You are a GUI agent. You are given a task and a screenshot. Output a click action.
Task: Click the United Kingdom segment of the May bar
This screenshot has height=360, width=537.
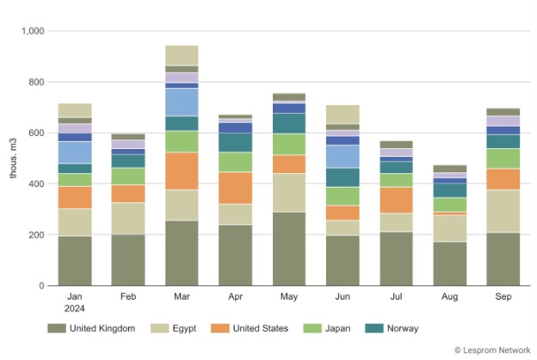click(289, 248)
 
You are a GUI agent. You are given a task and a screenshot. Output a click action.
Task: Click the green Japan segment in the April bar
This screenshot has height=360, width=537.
click(235, 162)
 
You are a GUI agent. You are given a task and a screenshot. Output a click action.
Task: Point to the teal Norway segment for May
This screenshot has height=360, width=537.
click(289, 123)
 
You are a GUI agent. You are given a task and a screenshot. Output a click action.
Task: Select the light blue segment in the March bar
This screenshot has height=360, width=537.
click(182, 102)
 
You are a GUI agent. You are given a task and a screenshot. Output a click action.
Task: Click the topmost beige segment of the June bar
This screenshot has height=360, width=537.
click(343, 114)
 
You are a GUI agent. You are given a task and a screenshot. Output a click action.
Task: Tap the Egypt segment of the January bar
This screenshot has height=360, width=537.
click(75, 222)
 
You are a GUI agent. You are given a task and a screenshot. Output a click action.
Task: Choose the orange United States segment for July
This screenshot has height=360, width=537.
click(396, 200)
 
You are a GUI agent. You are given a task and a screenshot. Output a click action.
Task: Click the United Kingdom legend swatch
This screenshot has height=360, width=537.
click(57, 328)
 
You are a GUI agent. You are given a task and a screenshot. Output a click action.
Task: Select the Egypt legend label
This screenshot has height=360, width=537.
click(189, 328)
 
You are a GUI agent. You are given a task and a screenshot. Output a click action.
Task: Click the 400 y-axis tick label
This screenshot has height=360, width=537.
click(35, 184)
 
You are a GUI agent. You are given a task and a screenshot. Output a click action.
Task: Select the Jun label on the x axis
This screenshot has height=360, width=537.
click(343, 295)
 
